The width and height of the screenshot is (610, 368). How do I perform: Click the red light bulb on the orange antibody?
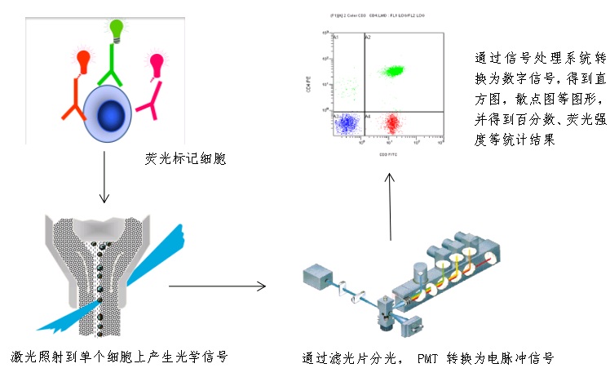(83, 60)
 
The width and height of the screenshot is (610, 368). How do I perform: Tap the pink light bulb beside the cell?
(155, 62)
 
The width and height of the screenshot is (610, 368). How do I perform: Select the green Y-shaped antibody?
(113, 69)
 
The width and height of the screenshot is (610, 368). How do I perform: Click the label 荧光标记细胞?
(183, 157)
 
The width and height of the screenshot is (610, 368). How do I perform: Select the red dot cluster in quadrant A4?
(392, 123)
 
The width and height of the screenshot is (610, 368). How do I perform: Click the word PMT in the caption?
(431, 357)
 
